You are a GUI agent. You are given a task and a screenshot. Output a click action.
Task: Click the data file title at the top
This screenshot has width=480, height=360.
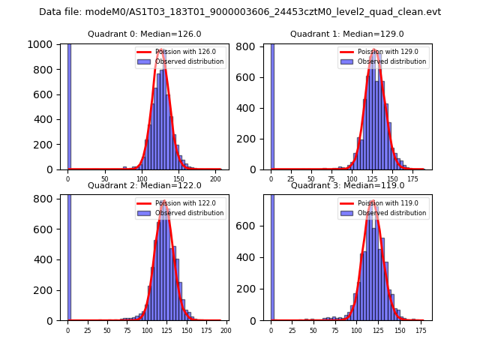240,12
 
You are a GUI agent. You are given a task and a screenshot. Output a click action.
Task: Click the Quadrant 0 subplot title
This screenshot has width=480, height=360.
145,34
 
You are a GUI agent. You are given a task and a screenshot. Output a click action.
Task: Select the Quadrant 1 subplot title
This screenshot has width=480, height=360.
347,34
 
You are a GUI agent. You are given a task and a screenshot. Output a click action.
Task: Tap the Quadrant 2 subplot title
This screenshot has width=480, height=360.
145,185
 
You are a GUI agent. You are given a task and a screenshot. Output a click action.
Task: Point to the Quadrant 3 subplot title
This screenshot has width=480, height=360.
347,185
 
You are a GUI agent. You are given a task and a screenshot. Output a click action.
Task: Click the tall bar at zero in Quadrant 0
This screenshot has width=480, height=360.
69,105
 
